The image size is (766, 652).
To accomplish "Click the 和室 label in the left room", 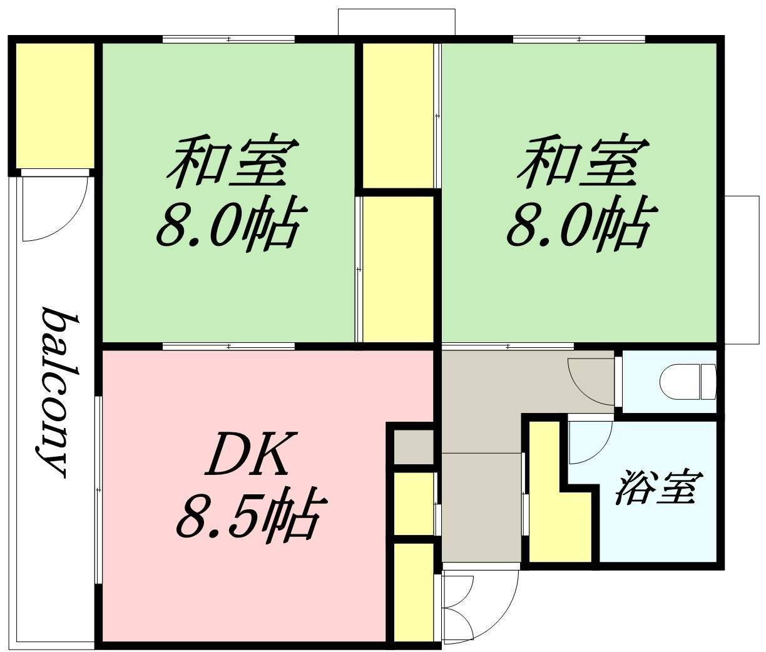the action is tap(232, 162).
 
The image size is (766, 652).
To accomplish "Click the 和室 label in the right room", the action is tap(583, 162).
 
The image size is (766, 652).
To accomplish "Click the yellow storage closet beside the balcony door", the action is tap(55, 106).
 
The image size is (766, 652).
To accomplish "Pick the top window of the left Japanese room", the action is tap(228, 39).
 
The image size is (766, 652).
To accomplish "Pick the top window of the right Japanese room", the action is tap(579, 39).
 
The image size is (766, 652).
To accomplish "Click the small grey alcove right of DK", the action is tap(413, 447).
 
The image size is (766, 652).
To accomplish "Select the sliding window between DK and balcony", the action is tap(98, 490).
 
